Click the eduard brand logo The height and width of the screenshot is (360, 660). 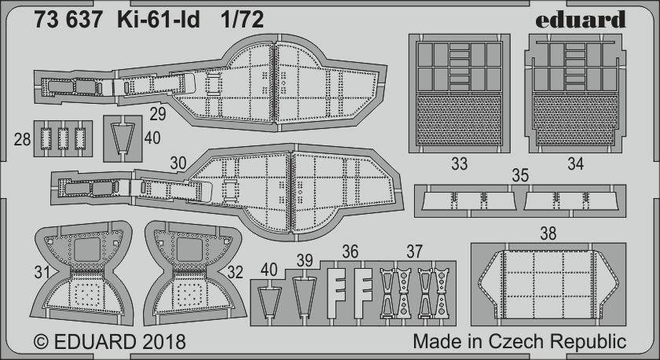point(581,20)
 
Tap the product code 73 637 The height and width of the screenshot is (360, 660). point(68,20)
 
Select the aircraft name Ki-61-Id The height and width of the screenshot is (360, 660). point(159,20)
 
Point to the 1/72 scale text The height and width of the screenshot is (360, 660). point(244,20)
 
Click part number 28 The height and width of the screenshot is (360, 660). point(22,139)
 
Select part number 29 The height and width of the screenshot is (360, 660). point(157,114)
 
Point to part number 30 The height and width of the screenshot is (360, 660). point(178,163)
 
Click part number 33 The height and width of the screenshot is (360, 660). point(459,163)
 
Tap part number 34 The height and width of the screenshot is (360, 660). point(575,163)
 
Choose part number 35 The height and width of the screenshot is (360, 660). point(520,175)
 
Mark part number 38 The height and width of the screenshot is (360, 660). point(548,233)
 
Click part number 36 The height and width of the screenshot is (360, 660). point(350,252)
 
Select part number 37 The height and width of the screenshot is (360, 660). point(414,252)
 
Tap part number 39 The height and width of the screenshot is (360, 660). point(304,261)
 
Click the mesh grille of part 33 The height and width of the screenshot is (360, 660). point(459,120)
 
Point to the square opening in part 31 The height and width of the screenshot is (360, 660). point(87,250)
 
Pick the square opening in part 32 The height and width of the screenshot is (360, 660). point(190,250)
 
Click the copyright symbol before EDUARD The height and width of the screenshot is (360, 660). point(41,341)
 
